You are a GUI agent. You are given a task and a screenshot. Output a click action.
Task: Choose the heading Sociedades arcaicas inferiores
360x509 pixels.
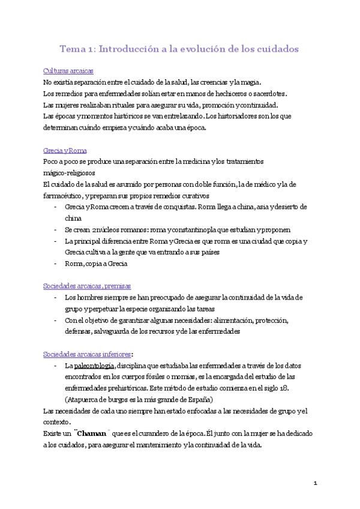click(88, 354)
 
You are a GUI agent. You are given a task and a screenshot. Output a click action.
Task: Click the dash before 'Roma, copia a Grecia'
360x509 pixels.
click(56, 264)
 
